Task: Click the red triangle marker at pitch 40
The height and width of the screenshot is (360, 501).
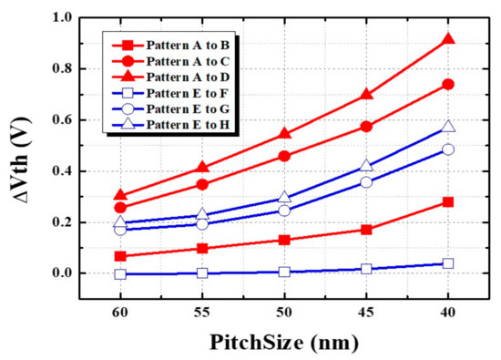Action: coord(447,39)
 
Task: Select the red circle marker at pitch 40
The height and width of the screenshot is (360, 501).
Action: coord(447,85)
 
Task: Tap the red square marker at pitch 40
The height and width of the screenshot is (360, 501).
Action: coord(447,201)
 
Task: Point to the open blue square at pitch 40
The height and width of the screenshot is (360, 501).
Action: coord(447,263)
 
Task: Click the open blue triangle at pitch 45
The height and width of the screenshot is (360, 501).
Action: coord(366,166)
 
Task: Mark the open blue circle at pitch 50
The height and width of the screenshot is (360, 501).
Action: coord(285,211)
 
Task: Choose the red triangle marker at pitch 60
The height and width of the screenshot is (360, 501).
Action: coord(121,195)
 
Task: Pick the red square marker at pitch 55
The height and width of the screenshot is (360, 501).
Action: coord(202,248)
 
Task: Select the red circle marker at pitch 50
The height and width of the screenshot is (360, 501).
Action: coord(285,156)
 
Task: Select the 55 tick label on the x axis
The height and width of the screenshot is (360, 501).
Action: coord(202,310)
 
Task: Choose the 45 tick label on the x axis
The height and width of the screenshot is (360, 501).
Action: coord(366,310)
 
